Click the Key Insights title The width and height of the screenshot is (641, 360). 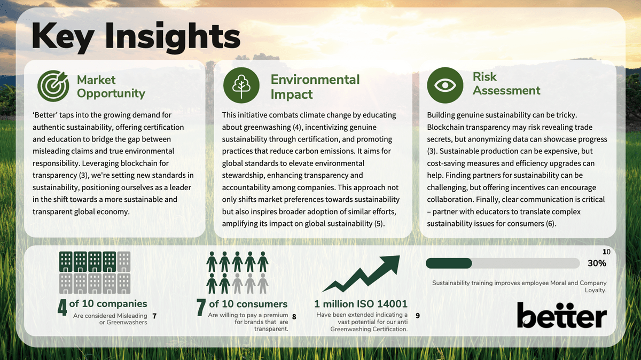(x=136, y=37)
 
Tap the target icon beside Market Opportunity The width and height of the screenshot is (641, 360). (x=53, y=85)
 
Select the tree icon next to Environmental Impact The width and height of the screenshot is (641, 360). (x=241, y=85)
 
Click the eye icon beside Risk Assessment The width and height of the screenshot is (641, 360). (x=445, y=85)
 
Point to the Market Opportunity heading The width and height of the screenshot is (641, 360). (x=111, y=87)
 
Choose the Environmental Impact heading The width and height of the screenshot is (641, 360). (x=315, y=87)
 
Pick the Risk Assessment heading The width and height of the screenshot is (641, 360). (x=506, y=83)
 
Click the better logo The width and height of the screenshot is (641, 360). (x=562, y=315)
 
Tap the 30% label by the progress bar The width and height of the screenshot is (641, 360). (x=597, y=263)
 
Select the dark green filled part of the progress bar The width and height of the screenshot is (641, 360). (x=449, y=263)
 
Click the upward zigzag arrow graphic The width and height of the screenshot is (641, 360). (x=361, y=273)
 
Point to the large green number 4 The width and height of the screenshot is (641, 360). (x=62, y=308)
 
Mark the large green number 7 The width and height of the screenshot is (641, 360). (x=201, y=308)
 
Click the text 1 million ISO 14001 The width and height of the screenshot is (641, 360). (x=361, y=304)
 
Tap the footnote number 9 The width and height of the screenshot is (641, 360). (x=418, y=316)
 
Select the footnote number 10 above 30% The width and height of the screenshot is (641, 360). (x=606, y=252)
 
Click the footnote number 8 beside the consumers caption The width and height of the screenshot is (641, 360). (x=294, y=317)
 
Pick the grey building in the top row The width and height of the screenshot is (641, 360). (x=124, y=262)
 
